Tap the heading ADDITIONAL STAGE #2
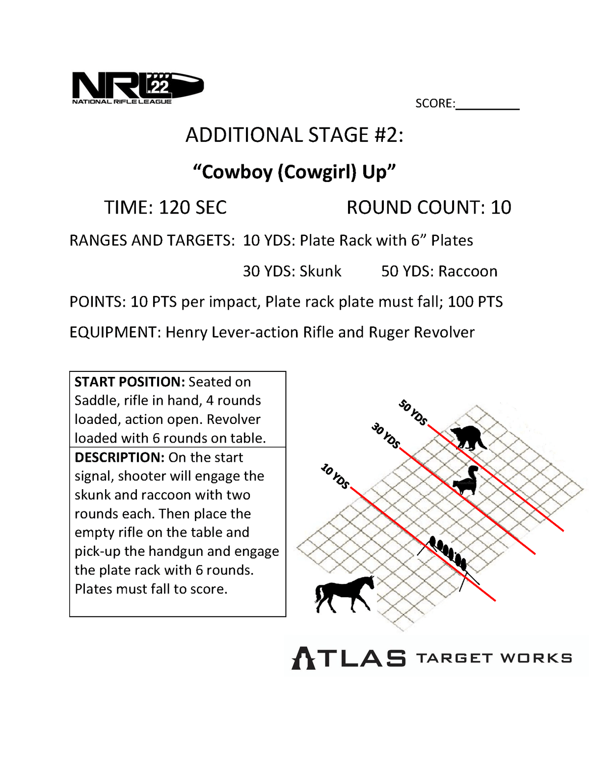[294, 135]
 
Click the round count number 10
[501, 208]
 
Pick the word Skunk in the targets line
[320, 271]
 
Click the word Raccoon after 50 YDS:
[468, 271]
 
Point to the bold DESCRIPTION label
[119, 457]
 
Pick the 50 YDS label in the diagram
[412, 413]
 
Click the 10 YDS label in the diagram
[335, 476]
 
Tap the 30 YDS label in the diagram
[385, 436]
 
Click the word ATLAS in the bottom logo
[349, 658]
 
